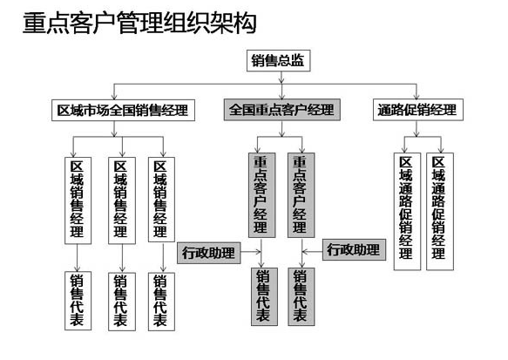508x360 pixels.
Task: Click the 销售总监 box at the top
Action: point(278,61)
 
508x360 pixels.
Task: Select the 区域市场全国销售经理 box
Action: point(123,110)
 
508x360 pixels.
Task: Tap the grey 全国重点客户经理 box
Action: point(281,110)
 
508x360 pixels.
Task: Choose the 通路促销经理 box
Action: point(418,110)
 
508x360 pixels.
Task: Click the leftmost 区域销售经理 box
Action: point(78,200)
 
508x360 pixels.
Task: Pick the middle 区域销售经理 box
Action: point(122,200)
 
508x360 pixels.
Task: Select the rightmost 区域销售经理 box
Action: point(161,200)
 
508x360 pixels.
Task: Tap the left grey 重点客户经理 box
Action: point(261,195)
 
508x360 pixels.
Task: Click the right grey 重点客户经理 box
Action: point(301,195)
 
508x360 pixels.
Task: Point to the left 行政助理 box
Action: point(209,253)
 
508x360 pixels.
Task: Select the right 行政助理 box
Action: point(354,249)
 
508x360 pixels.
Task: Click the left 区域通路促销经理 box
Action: point(407,211)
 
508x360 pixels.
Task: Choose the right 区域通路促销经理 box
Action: point(440,211)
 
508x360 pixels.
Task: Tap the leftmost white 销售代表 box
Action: point(78,301)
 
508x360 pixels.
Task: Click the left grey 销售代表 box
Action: point(264,296)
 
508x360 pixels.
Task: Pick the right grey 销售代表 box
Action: point(301,296)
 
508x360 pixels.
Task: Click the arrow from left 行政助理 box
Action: point(251,252)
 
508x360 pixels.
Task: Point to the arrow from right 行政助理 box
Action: point(312,251)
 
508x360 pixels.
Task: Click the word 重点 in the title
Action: point(45,23)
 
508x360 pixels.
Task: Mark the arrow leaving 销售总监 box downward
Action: point(281,78)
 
